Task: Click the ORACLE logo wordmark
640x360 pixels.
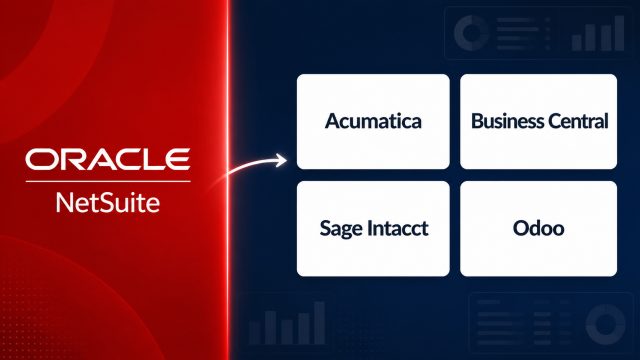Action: coord(108,159)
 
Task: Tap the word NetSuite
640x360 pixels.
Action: coord(108,203)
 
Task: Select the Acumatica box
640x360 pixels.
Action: coord(373,121)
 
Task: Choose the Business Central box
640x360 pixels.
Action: coord(538,121)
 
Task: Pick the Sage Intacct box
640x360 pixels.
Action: coord(373,229)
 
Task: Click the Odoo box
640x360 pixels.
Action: coord(538,229)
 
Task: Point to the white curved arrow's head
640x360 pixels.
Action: coord(282,160)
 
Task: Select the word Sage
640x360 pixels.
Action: coord(341,229)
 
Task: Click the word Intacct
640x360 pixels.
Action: coord(398,228)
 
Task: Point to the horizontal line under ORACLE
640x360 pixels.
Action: coord(108,181)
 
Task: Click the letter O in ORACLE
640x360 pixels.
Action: coord(40,159)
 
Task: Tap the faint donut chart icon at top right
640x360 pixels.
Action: coord(471,33)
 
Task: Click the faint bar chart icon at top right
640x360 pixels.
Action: coord(598,33)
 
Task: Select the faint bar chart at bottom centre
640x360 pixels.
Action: coord(287,323)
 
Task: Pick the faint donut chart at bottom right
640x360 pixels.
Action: coord(606,324)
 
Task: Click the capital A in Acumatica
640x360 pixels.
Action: coord(333,121)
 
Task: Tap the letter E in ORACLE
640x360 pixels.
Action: coord(178,159)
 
